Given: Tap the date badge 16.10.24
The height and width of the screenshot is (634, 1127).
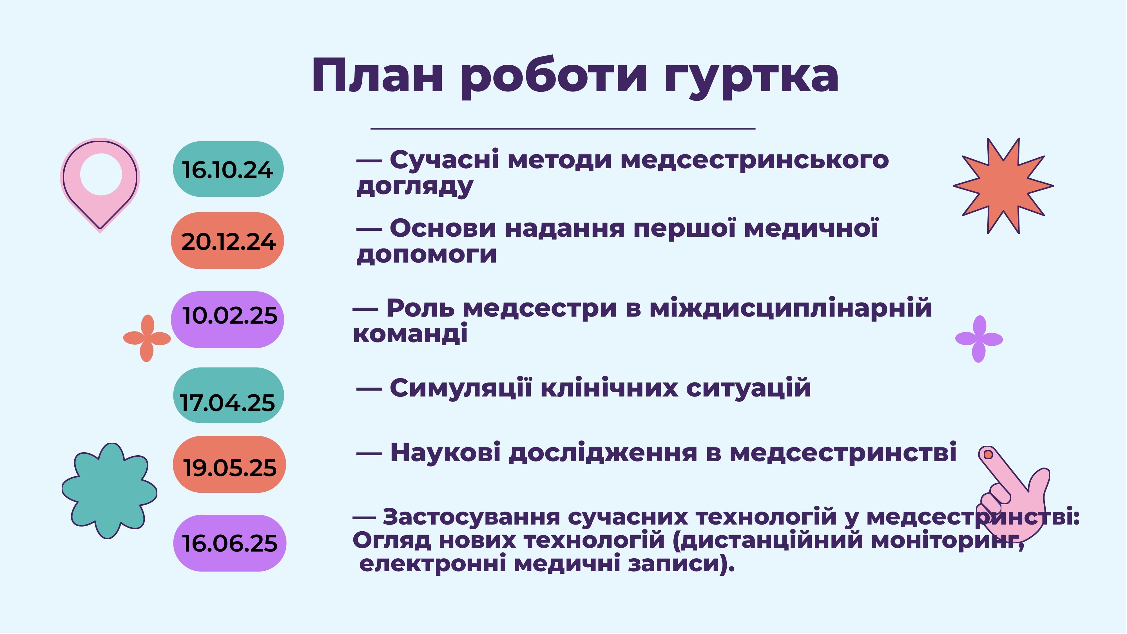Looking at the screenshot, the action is pos(228,169).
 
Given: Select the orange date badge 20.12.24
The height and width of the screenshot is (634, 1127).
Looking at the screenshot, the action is pos(227,241).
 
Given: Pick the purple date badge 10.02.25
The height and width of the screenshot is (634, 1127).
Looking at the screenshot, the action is pos(227,320).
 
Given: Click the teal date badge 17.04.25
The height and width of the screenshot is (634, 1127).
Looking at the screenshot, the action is pos(228,395).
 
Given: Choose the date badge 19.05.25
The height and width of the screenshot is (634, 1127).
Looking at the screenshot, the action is pos(229,464).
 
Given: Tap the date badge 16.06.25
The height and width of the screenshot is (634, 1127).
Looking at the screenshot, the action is pos(230,543).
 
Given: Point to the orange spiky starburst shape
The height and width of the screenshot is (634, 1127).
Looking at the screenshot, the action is pos(1003,186).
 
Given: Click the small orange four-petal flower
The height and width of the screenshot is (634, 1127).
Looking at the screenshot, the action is pos(147,338).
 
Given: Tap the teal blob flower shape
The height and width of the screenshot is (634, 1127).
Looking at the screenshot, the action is pos(109,490).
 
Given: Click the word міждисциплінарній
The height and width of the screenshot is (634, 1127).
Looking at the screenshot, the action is pos(791,308).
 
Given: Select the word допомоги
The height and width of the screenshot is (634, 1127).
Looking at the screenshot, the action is pos(427,254).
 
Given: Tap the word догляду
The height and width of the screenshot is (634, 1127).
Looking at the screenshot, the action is pos(415,187).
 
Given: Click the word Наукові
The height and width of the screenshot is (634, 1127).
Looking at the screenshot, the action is pos(445,452).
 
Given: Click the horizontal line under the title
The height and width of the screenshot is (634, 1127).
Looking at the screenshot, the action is pos(563,129).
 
